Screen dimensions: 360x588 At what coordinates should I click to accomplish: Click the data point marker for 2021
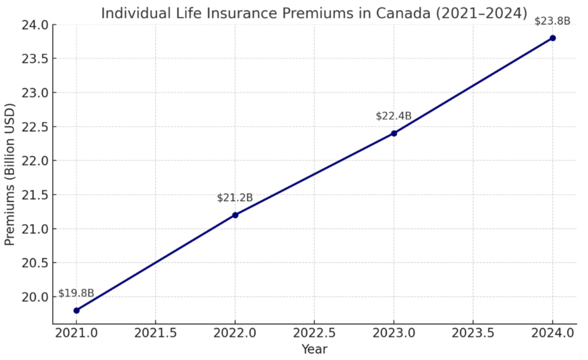pos(76,310)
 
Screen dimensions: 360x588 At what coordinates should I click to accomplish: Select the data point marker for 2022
pos(235,215)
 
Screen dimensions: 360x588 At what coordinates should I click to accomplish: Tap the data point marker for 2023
pos(394,133)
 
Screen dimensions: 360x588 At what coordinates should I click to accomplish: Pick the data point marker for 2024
pos(553,38)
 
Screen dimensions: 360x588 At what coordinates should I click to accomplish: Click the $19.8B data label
pos(76,293)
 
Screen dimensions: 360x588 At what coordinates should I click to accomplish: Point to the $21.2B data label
pos(235,198)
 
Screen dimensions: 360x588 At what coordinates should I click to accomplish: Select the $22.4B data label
pos(394,116)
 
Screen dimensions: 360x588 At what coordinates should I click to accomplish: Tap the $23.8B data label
pos(553,21)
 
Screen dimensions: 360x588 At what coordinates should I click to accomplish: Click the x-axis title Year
pos(314,349)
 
